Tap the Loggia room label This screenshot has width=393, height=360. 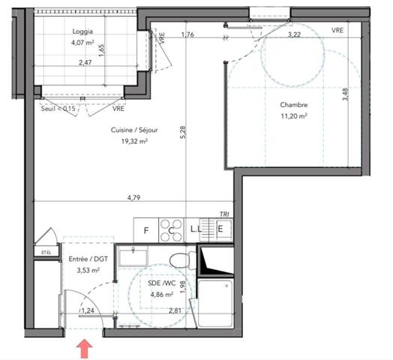click(83, 31)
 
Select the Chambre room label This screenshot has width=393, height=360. click(294, 105)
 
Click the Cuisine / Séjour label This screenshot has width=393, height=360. click(129, 130)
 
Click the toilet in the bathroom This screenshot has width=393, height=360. click(180, 261)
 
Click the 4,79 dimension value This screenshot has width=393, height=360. click(134, 198)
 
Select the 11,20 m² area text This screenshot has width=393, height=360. click(294, 117)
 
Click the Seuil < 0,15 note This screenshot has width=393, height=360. click(59, 109)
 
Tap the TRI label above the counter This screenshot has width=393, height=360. click(223, 214)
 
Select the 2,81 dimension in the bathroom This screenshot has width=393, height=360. click(175, 310)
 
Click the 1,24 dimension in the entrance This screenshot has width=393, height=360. click(88, 310)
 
